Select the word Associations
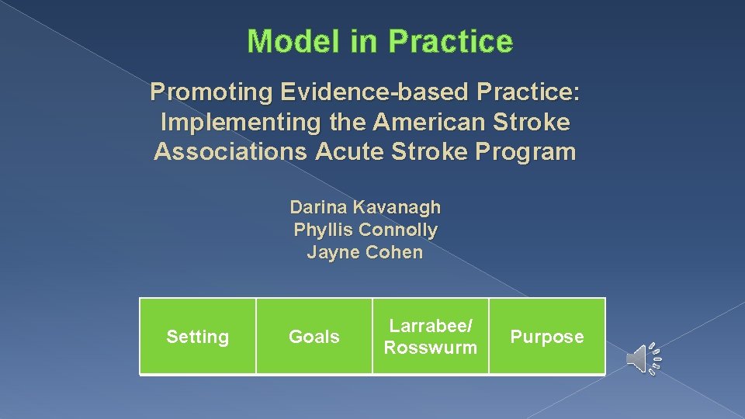click(231, 151)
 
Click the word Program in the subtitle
click(532, 151)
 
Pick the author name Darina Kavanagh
click(365, 207)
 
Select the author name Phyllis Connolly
click(365, 230)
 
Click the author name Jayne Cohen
click(365, 252)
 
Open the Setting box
click(198, 337)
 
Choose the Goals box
click(314, 337)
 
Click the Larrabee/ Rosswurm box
click(431, 337)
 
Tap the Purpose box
click(547, 337)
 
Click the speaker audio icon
click(643, 358)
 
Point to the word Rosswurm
click(431, 348)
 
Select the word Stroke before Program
click(442, 151)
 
